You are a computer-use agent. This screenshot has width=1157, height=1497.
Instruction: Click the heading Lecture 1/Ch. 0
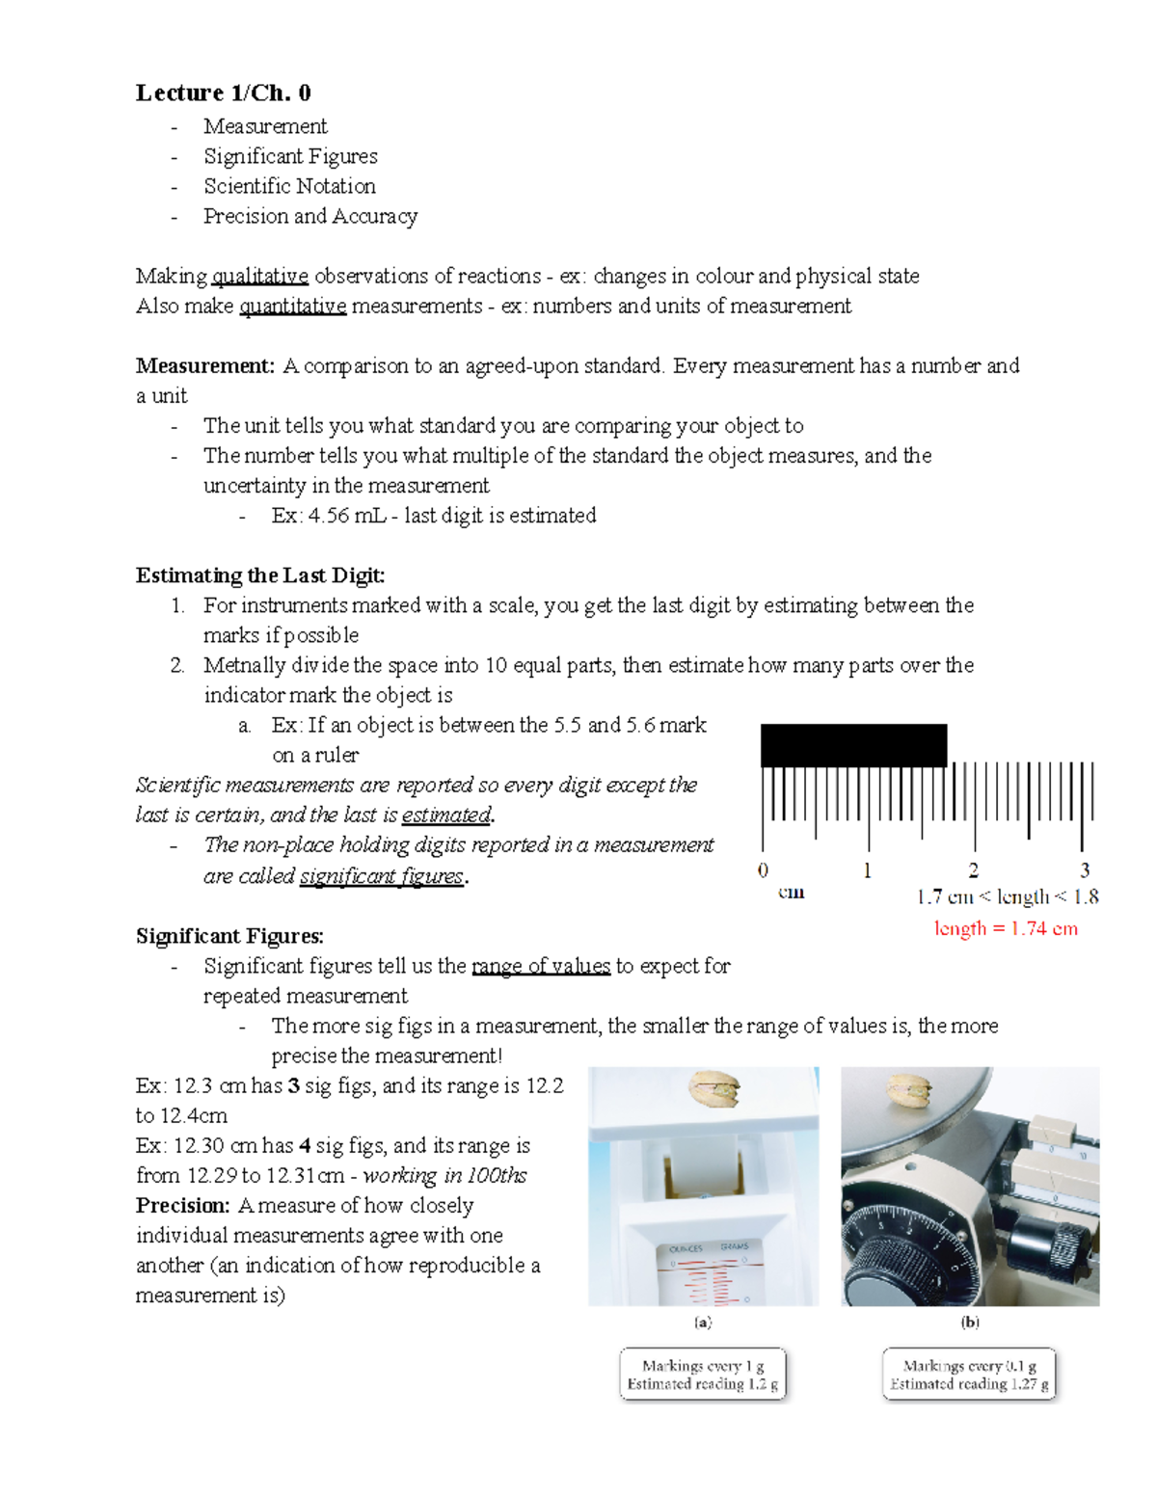click(223, 93)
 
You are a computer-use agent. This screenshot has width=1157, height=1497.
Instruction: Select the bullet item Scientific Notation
click(289, 186)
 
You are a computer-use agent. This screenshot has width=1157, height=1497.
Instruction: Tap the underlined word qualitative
click(259, 277)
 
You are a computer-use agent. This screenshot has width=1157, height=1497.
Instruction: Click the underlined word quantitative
click(292, 307)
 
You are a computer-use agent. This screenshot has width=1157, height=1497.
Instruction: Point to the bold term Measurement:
click(205, 366)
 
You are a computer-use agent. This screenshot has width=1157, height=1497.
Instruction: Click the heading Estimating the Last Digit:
click(260, 575)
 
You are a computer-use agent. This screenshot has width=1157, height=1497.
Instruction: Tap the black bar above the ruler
click(853, 745)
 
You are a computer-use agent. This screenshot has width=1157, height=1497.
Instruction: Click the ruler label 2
click(973, 870)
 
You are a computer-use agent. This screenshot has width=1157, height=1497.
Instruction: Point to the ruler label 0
click(763, 870)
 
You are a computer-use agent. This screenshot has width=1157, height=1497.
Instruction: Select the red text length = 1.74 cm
click(1006, 928)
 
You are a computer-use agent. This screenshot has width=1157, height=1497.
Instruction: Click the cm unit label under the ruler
click(791, 893)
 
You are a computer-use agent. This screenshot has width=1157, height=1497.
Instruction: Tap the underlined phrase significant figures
click(382, 876)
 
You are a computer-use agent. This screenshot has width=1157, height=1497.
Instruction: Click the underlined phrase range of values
click(540, 966)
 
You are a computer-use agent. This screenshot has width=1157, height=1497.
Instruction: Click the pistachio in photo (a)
click(714, 1090)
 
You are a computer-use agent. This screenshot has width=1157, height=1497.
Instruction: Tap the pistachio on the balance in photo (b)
click(908, 1089)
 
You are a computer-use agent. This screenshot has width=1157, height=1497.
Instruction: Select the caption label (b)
click(970, 1323)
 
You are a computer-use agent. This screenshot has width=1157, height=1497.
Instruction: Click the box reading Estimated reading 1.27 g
click(969, 1375)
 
